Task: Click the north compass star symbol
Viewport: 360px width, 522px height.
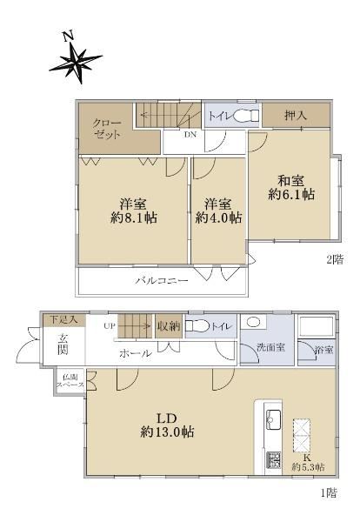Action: (x=77, y=63)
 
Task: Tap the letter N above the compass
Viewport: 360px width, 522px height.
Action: (x=69, y=36)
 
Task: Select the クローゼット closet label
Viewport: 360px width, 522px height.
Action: (x=106, y=129)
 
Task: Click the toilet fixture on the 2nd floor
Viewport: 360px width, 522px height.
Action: (x=246, y=117)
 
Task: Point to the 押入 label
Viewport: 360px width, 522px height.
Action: (x=296, y=116)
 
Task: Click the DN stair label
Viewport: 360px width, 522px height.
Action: (x=190, y=135)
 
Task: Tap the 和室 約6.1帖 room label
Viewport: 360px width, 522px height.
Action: (x=291, y=187)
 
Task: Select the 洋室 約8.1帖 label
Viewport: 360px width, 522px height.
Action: (x=134, y=210)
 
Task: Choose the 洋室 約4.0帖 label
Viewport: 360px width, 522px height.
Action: (x=218, y=210)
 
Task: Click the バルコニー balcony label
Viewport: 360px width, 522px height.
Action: (x=162, y=281)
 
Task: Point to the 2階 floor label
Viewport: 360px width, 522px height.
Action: (x=335, y=259)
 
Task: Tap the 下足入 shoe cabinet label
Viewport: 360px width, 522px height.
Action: (x=63, y=319)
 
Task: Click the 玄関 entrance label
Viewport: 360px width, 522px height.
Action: (x=63, y=345)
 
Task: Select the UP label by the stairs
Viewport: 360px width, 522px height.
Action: (x=109, y=326)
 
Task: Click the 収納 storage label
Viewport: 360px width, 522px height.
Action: (x=169, y=326)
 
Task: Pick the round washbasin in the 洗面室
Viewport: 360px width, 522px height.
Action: (x=254, y=322)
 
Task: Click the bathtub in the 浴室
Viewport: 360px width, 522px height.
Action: (x=316, y=326)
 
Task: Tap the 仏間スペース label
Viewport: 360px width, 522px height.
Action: (x=70, y=381)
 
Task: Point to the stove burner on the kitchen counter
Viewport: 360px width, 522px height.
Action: (x=273, y=460)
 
